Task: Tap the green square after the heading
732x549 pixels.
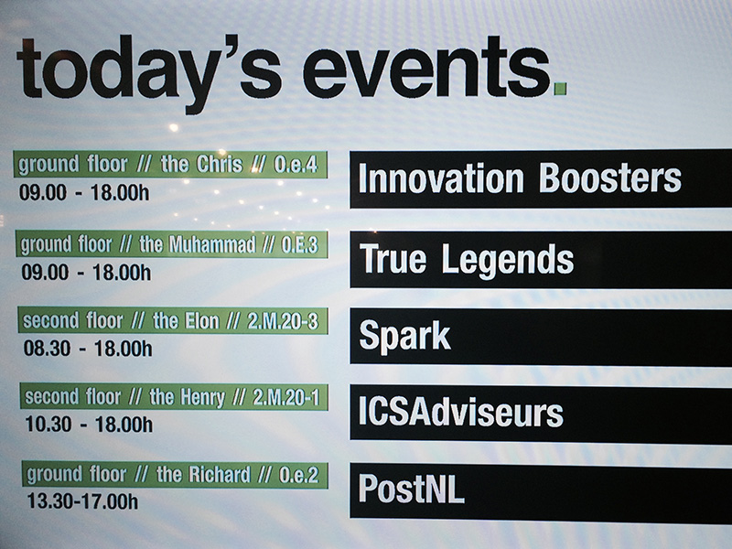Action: [x=560, y=89]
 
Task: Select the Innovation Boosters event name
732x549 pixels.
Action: [x=520, y=178]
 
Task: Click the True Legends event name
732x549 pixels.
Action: [x=467, y=260]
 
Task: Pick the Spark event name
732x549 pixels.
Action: [x=404, y=336]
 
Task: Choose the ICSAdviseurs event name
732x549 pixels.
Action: [x=461, y=413]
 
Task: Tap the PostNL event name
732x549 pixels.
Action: [x=411, y=489]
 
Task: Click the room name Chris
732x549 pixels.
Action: [x=220, y=164]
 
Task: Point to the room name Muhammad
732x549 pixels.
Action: [x=212, y=244]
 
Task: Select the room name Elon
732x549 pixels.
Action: [x=202, y=321]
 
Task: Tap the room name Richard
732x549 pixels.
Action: [x=220, y=475]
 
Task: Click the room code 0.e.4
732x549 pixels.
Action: [x=296, y=165]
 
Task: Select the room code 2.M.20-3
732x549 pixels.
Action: [x=283, y=321]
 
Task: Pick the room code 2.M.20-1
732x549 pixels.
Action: [x=286, y=398]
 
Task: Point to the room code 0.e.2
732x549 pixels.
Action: [x=299, y=475]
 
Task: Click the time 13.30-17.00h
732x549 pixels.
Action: [x=82, y=501]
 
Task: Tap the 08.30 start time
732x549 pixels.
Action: [x=48, y=349]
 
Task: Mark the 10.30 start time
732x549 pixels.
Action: [x=48, y=425]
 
